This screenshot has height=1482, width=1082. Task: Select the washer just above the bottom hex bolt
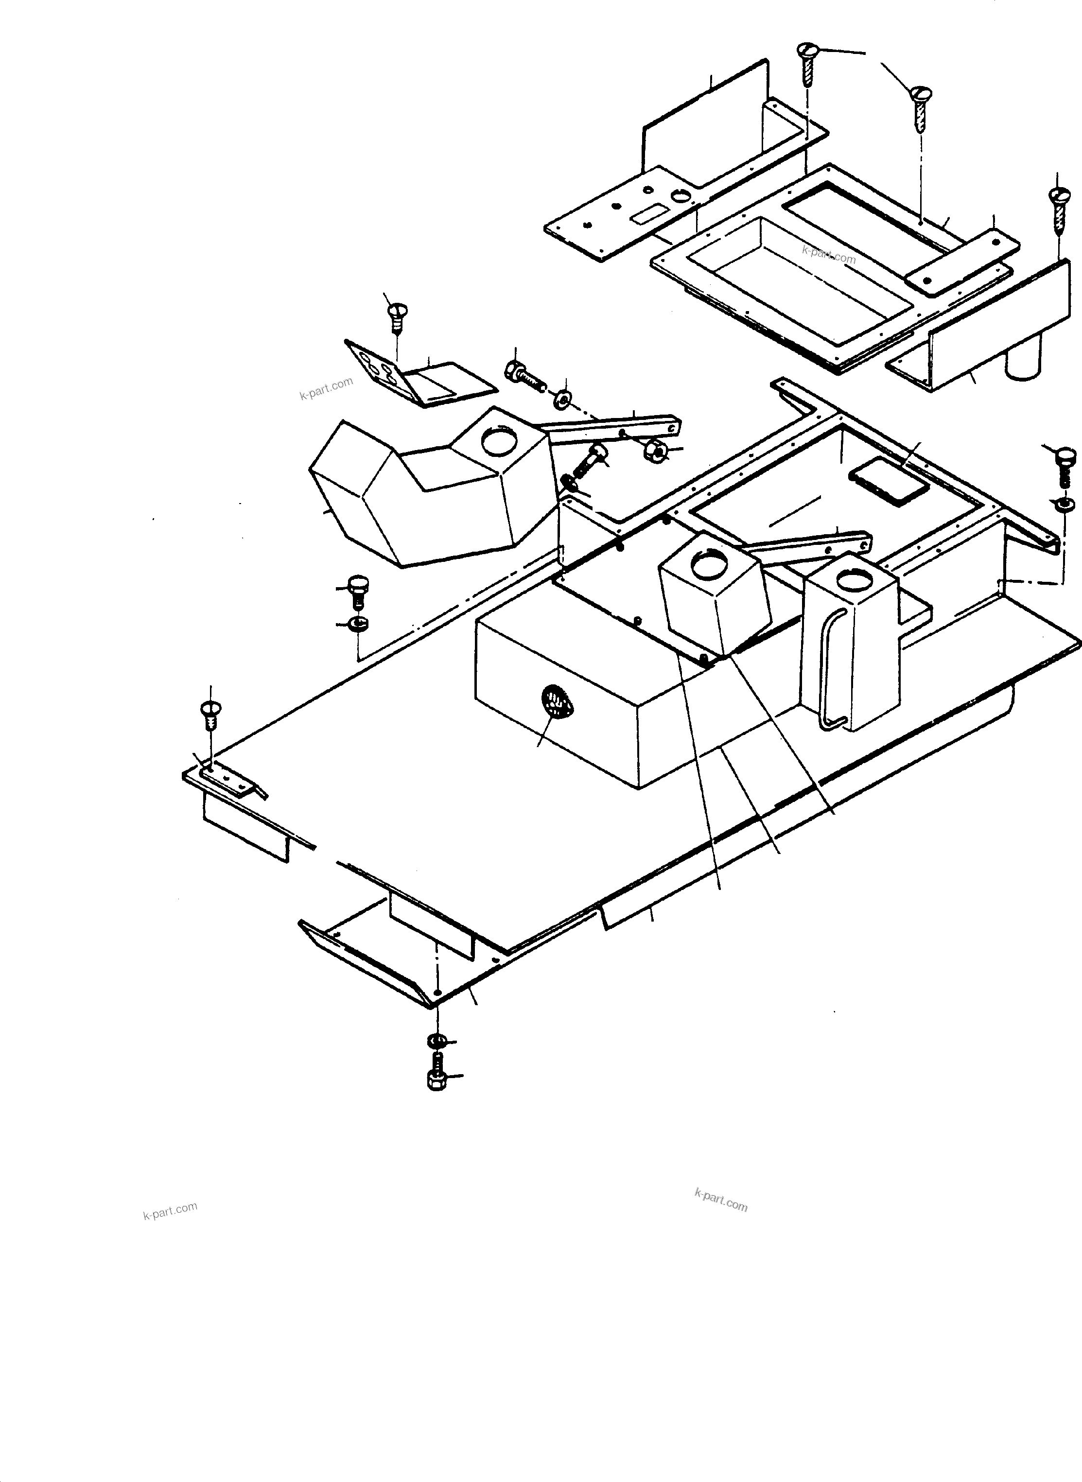[x=434, y=1041]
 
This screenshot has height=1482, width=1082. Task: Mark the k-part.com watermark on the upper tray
[x=829, y=254]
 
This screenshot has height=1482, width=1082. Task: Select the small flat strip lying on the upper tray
[x=963, y=258]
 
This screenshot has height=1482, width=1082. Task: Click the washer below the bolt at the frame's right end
[x=1065, y=503]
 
